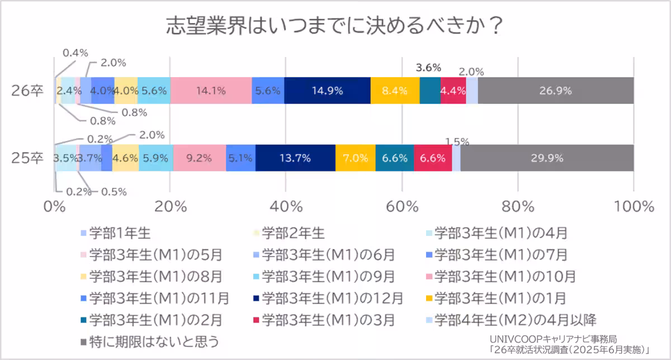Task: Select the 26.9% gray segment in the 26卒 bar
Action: [x=555, y=91]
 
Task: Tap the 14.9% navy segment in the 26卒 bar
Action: [x=327, y=91]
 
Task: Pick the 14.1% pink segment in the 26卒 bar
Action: [x=211, y=91]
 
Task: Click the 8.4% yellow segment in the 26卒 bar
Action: [x=395, y=91]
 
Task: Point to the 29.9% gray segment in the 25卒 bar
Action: [x=547, y=158]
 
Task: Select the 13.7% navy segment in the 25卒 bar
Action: [x=295, y=158]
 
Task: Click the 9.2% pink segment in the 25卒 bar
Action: [x=199, y=158]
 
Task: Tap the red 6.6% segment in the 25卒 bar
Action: [x=433, y=158]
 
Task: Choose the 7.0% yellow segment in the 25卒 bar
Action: [x=355, y=158]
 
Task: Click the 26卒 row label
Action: [x=27, y=91]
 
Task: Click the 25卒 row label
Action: [x=27, y=158]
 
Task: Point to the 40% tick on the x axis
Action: [x=286, y=206]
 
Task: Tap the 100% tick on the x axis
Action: [x=634, y=206]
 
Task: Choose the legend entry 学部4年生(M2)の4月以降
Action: [x=514, y=320]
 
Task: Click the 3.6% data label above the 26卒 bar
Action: [x=429, y=68]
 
